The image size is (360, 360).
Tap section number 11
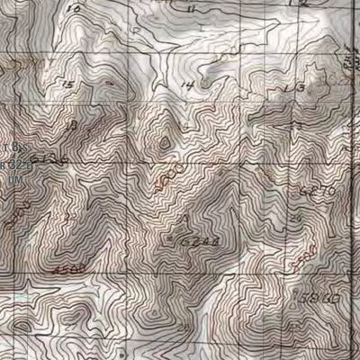[193, 7]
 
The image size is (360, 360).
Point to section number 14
[187, 86]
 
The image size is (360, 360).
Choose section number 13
[292, 86]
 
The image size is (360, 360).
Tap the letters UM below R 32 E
[14, 178]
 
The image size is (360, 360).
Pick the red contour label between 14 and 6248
[176, 171]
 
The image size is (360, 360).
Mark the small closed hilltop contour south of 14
[165, 141]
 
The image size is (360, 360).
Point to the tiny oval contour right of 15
[110, 81]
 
